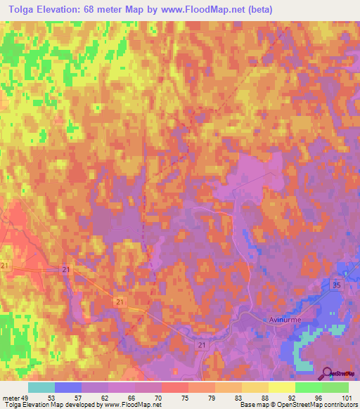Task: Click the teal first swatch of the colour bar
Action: (41, 387)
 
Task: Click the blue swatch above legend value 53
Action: (68, 387)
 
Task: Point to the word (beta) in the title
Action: (258, 9)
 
